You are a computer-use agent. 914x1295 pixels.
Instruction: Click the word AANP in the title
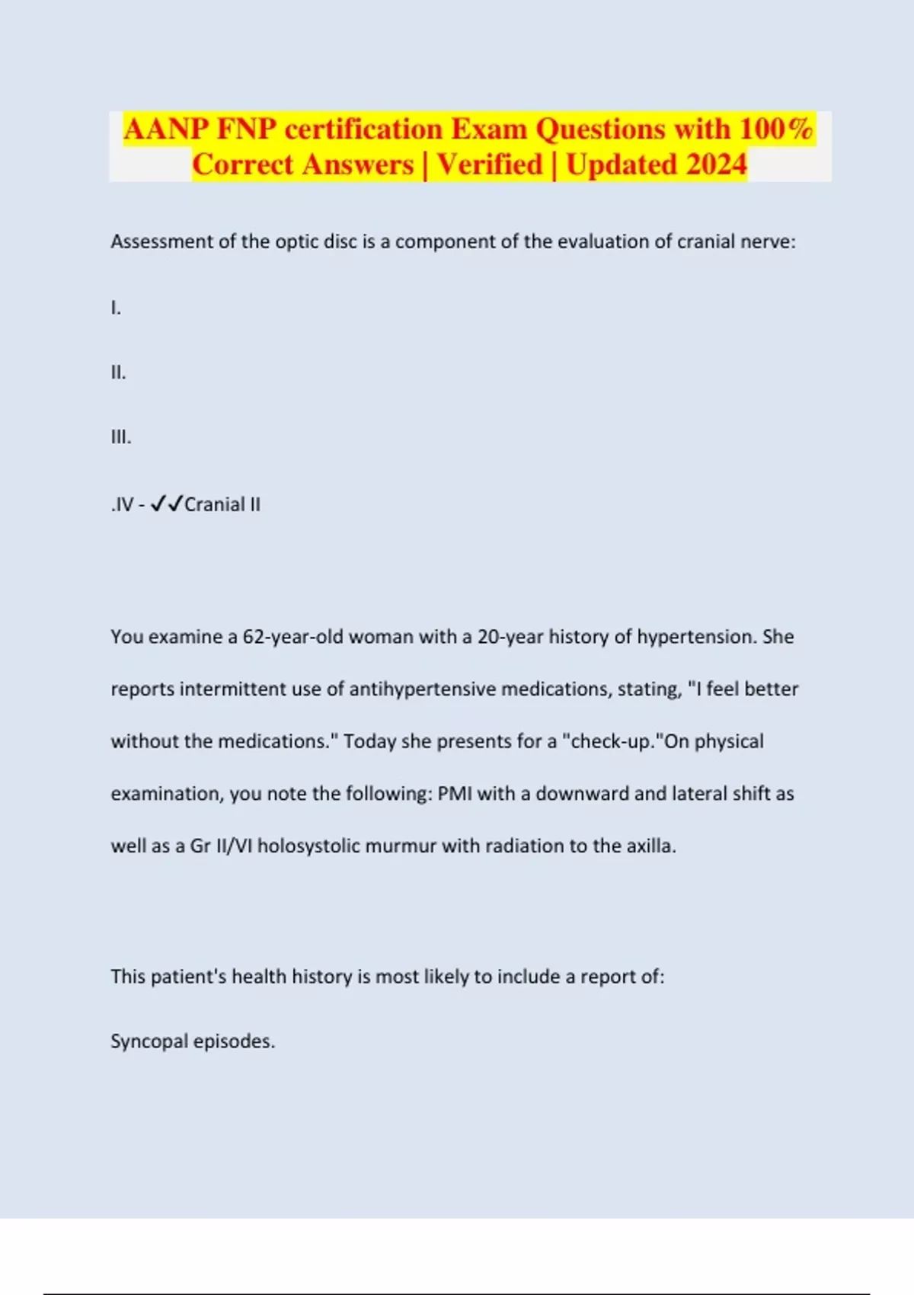point(166,129)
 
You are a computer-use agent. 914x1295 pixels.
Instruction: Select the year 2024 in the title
point(716,165)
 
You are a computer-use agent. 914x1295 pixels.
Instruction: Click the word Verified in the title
point(490,165)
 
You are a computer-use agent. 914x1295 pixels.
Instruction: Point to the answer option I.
point(116,308)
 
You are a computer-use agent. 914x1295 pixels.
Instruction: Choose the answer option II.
point(118,373)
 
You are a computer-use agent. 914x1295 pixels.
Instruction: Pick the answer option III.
point(120,437)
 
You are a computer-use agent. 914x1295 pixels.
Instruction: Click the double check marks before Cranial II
point(167,504)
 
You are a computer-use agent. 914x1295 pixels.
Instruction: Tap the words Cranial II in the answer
point(222,504)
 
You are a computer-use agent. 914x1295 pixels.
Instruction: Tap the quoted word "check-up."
point(612,741)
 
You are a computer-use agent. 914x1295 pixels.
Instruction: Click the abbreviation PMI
point(455,794)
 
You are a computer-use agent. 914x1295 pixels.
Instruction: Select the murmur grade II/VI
point(234,846)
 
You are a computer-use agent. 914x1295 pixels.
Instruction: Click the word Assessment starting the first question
point(162,241)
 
